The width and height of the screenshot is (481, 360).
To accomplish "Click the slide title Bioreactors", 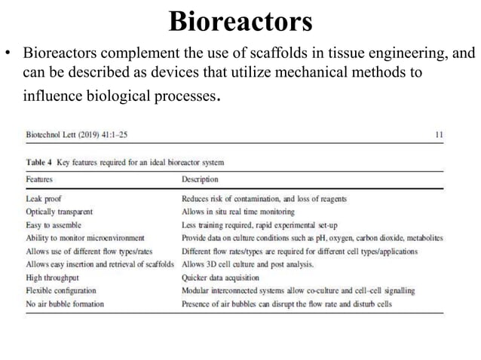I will (x=240, y=22).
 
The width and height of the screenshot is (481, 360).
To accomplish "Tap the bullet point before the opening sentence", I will (x=11, y=55).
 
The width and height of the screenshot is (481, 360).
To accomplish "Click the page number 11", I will (x=440, y=135).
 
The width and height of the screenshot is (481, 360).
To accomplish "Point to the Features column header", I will (x=39, y=180).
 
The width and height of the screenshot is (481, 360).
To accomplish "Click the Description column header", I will (x=201, y=180).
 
